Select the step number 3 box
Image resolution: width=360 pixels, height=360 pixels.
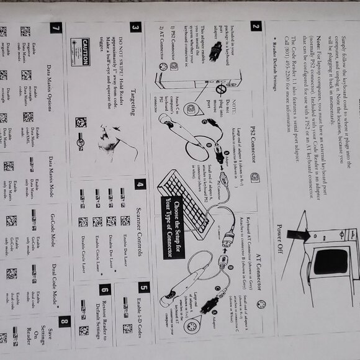click(135, 27)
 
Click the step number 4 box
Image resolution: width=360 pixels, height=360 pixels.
click(140, 184)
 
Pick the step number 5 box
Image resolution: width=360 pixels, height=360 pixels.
click(144, 287)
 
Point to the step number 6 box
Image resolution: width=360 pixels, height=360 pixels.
click(104, 290)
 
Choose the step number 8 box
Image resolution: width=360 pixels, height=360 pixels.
click(65, 322)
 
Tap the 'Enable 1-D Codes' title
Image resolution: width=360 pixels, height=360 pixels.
click(144, 323)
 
